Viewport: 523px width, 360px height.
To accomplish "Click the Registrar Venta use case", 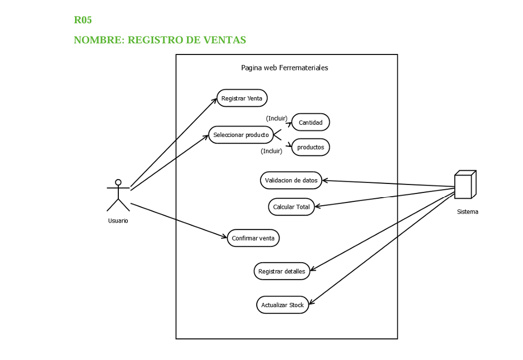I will (x=242, y=98).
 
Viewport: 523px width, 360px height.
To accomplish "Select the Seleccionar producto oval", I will (x=241, y=135).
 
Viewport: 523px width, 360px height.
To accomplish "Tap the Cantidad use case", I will (x=311, y=123).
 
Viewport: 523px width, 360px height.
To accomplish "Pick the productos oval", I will (x=311, y=147).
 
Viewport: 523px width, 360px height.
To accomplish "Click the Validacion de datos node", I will (x=291, y=180).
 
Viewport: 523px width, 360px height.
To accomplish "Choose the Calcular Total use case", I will (x=291, y=207).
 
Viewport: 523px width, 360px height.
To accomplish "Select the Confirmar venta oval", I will (x=253, y=238).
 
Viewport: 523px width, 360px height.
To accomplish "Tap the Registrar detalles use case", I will (x=282, y=271).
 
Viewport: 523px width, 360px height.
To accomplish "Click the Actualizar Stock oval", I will (x=283, y=305).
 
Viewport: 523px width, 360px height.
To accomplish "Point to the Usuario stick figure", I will (x=118, y=196).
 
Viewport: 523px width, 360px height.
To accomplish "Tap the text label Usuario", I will (x=118, y=221).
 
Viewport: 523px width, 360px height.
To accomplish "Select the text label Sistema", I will (x=468, y=212).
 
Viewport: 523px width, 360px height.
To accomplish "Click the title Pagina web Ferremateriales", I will (x=284, y=68).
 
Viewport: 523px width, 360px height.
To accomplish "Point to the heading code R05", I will (x=83, y=20).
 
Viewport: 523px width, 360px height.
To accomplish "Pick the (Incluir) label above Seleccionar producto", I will (x=276, y=118).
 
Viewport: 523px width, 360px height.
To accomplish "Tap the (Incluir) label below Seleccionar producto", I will (x=272, y=151).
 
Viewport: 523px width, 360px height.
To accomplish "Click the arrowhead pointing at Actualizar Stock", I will (x=311, y=302).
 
